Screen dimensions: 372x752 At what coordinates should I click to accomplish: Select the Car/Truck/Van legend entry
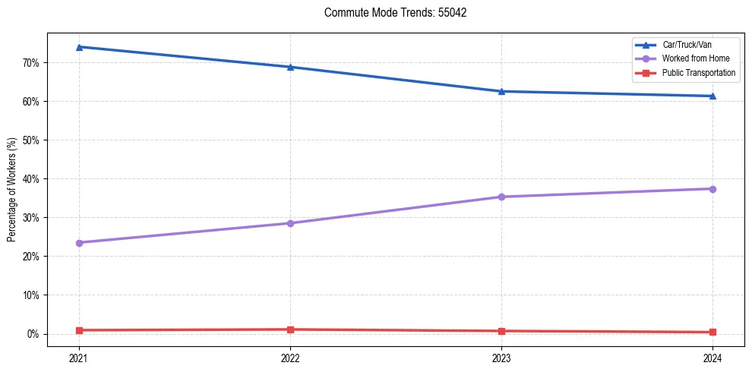(687, 45)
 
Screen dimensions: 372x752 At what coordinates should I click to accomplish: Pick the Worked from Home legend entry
(696, 58)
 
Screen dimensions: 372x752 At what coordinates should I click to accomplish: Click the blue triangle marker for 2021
(79, 47)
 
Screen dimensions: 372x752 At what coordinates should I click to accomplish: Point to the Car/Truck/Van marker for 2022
(290, 67)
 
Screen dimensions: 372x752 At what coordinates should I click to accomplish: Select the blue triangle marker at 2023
(501, 91)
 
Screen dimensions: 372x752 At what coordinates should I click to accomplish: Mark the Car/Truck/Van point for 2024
(713, 96)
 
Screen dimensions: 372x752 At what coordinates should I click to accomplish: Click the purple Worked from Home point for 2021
(79, 243)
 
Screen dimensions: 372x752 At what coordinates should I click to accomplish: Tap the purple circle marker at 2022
(290, 223)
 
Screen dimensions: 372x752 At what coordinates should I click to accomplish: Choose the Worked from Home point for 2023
(501, 197)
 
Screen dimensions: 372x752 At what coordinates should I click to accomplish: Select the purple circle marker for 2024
(713, 189)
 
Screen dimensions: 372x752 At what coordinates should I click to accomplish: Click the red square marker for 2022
(290, 329)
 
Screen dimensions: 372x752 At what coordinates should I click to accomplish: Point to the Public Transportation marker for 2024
(713, 332)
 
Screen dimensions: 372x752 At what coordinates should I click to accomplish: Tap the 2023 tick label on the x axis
(501, 358)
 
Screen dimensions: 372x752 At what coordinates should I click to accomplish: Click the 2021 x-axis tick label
(79, 358)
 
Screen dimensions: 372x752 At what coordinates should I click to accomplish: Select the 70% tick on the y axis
(32, 62)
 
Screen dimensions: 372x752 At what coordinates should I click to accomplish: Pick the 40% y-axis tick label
(32, 179)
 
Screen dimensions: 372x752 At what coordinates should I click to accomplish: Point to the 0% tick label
(34, 334)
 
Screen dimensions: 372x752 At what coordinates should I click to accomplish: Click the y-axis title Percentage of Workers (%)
(12, 190)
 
